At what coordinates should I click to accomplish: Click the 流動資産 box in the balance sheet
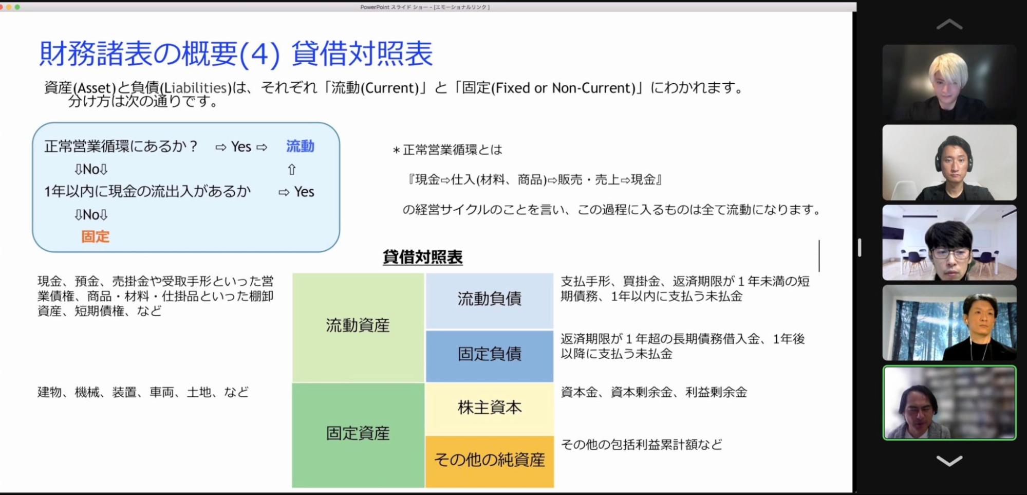(x=358, y=327)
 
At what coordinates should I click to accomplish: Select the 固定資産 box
(x=358, y=435)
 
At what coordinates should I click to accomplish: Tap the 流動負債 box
(x=490, y=301)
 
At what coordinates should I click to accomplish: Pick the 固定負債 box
(x=490, y=356)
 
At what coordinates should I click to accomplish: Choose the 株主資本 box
(x=490, y=409)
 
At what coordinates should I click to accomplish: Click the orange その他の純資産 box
(x=490, y=461)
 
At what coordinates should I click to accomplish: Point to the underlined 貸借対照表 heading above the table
(x=422, y=257)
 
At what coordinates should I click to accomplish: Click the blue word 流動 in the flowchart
(x=300, y=146)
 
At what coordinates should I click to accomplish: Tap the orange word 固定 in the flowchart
(x=96, y=236)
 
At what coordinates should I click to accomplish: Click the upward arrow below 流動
(x=292, y=169)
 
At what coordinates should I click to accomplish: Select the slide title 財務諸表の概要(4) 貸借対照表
(x=236, y=54)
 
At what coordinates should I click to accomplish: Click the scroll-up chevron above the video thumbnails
(x=949, y=24)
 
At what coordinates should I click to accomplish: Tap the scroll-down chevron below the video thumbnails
(x=949, y=461)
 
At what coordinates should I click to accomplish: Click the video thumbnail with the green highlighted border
(x=949, y=403)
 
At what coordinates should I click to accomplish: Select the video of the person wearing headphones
(x=949, y=162)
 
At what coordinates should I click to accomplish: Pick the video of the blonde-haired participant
(x=949, y=82)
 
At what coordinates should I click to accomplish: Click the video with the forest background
(x=949, y=323)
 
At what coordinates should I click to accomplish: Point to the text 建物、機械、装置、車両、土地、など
(x=143, y=392)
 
